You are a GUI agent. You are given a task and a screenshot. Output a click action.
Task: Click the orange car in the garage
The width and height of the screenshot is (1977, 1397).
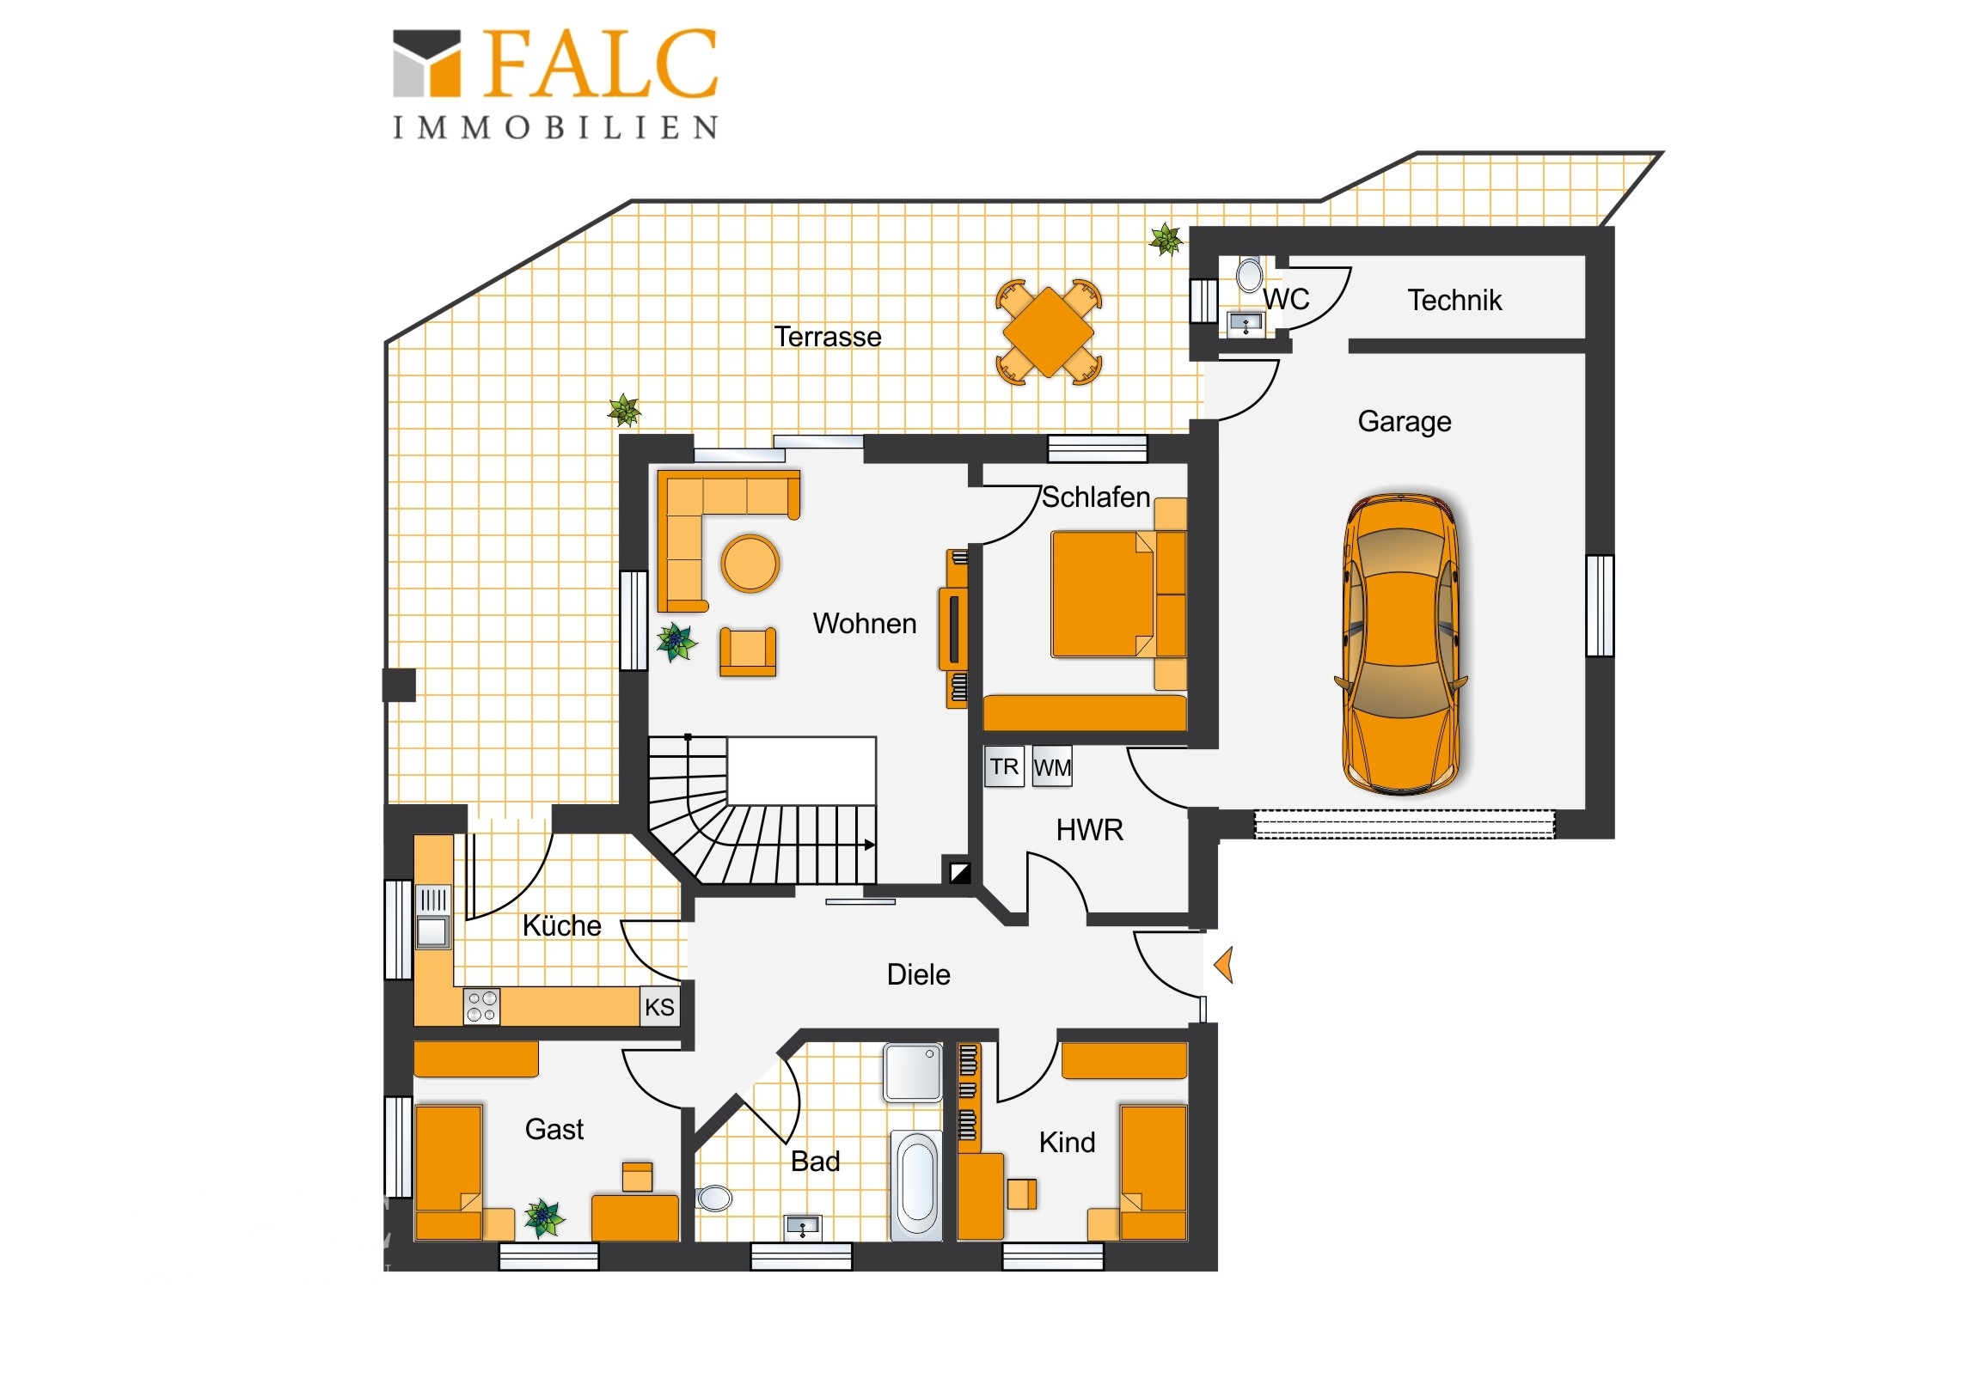click(1401, 643)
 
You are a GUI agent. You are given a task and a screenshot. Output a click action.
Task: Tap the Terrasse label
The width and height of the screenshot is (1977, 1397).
click(828, 337)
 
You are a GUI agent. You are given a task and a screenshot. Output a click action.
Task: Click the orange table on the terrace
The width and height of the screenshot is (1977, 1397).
click(1049, 332)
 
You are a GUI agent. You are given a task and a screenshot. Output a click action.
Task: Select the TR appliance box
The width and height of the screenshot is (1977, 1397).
click(1004, 767)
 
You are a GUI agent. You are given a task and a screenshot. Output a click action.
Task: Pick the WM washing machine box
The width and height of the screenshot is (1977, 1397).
click(1052, 767)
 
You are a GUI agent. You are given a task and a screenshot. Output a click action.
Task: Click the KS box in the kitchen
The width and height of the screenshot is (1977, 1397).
click(659, 1007)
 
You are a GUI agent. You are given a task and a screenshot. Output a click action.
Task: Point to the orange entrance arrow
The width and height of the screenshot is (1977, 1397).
click(1223, 964)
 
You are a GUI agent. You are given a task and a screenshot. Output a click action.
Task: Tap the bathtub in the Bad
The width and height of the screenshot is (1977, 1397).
click(917, 1186)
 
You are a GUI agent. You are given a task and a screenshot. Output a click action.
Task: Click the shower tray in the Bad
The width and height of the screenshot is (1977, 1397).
click(913, 1072)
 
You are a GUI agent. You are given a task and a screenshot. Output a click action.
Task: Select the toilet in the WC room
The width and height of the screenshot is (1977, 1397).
click(1250, 275)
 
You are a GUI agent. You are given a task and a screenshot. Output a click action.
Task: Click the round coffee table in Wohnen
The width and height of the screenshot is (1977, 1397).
click(750, 564)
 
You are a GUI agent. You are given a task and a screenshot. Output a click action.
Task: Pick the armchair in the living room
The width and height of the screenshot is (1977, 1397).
click(748, 651)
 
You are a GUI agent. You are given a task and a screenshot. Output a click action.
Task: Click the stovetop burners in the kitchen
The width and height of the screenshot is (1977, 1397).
click(481, 1006)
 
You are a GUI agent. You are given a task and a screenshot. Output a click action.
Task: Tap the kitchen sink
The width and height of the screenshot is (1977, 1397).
click(433, 917)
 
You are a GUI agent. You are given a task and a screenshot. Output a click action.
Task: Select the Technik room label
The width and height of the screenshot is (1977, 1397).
click(1454, 301)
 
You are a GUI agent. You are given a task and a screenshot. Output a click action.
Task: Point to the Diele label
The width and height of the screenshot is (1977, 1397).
click(919, 975)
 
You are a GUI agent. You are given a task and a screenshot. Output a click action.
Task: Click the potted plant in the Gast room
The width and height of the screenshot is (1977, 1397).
click(544, 1218)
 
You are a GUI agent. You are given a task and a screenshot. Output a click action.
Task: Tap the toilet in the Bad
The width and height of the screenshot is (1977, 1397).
click(713, 1198)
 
